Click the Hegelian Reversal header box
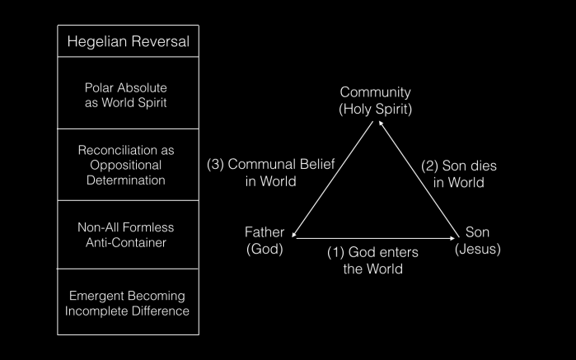pyautogui.click(x=128, y=40)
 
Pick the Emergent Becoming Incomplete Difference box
pyautogui.click(x=128, y=302)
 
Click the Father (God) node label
pyautogui.click(x=265, y=240)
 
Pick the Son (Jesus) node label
pyautogui.click(x=477, y=240)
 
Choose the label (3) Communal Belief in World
pyautogui.click(x=271, y=172)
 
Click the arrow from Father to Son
pyautogui.click(x=375, y=238)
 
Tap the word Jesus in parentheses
pyautogui.click(x=477, y=248)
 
